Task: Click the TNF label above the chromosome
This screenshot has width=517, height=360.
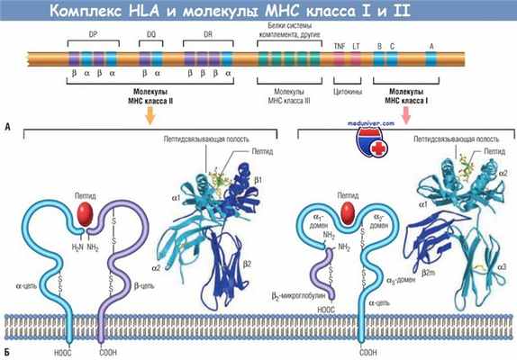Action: tap(339, 44)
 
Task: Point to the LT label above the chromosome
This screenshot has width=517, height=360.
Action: tap(357, 44)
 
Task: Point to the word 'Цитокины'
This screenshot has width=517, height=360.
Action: tap(349, 92)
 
